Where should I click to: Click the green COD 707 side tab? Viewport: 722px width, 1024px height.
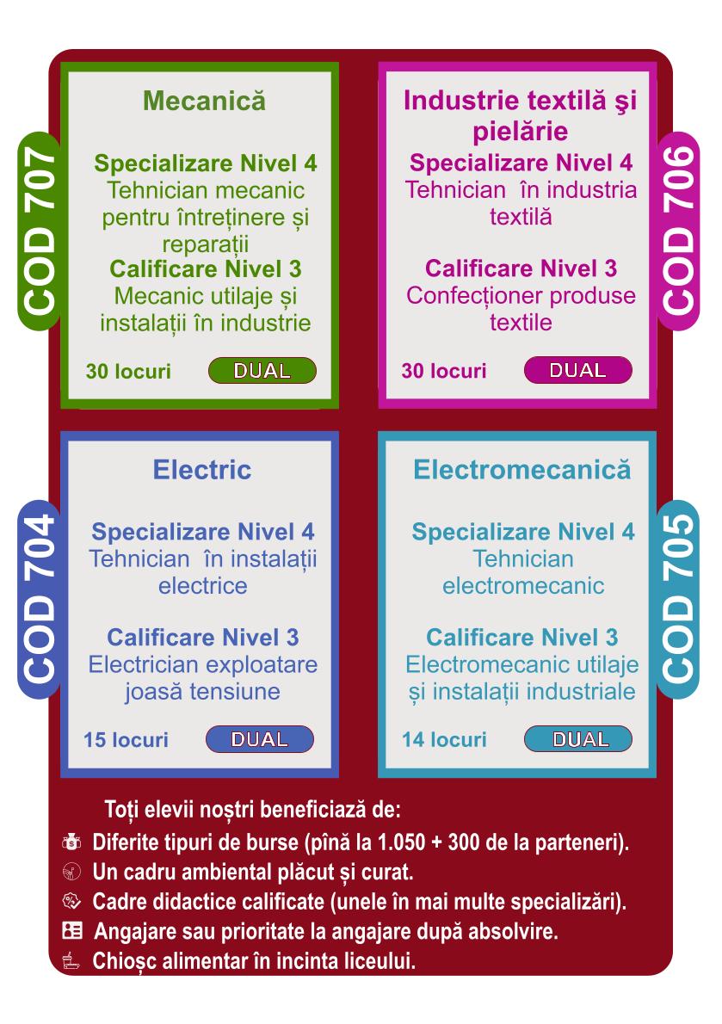click(40, 231)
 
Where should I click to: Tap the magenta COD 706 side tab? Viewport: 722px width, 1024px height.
click(678, 231)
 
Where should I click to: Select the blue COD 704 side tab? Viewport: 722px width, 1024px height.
click(40, 600)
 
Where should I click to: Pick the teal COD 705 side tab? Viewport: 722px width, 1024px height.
click(678, 600)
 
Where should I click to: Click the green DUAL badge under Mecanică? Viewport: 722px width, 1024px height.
click(262, 370)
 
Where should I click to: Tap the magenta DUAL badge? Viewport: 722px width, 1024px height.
click(577, 370)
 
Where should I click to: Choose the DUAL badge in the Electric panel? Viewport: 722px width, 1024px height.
click(260, 739)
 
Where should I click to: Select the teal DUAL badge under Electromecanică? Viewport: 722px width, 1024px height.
click(577, 739)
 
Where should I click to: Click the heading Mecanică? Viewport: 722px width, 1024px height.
click(204, 102)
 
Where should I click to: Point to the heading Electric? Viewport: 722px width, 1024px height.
click(202, 470)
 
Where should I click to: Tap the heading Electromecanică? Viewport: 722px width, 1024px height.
click(522, 470)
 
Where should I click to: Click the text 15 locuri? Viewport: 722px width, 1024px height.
click(126, 740)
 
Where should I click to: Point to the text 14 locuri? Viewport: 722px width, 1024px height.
click(444, 740)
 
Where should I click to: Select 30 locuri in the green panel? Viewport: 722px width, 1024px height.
click(128, 371)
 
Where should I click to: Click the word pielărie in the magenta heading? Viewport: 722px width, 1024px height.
click(521, 132)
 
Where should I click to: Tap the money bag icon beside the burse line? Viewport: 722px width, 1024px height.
click(71, 842)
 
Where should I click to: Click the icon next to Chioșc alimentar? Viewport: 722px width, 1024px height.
click(71, 960)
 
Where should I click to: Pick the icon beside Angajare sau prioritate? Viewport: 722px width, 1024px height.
click(71, 930)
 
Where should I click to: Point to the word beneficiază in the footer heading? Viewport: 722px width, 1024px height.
click(312, 811)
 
